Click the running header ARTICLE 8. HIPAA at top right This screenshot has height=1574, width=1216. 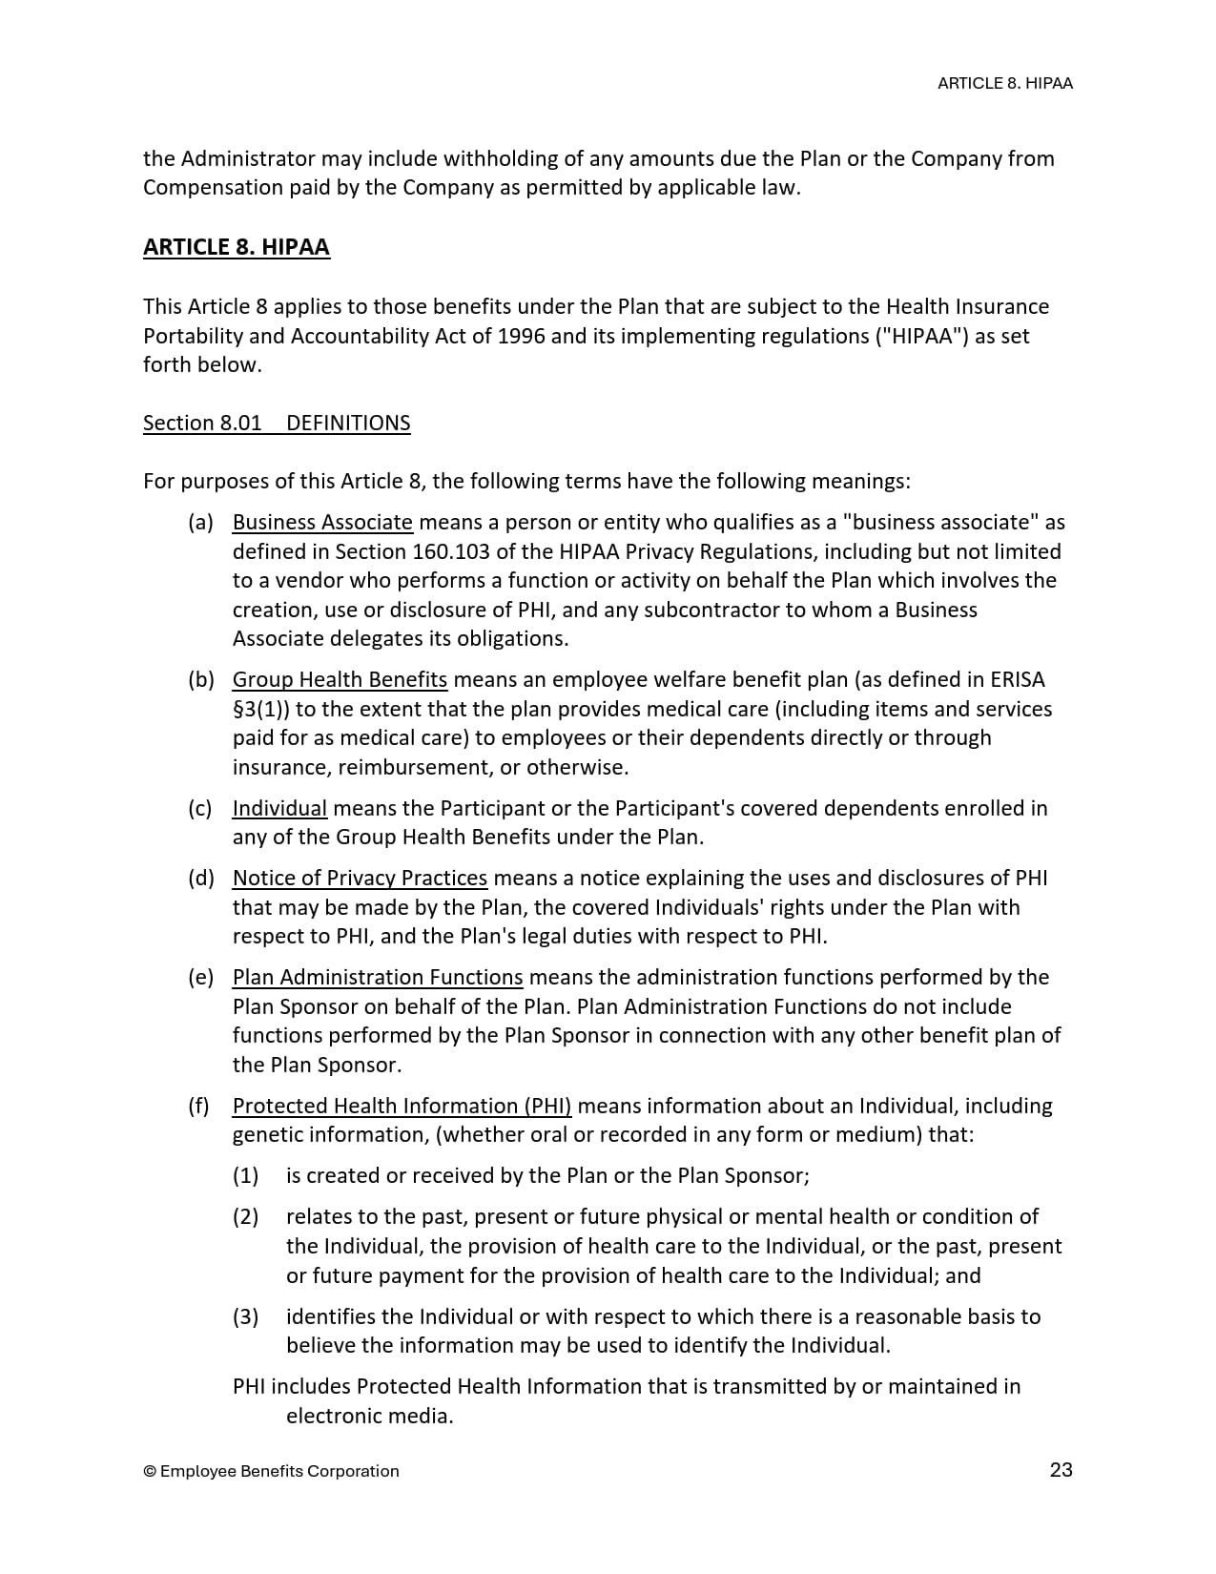(1004, 83)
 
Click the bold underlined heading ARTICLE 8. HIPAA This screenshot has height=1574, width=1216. (237, 247)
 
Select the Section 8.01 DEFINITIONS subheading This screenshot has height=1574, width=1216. (277, 423)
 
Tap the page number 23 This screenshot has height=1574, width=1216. (1061, 1469)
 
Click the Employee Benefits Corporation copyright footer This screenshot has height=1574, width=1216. (271, 1471)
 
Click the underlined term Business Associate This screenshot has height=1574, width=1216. (322, 522)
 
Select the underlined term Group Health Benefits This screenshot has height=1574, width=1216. (340, 679)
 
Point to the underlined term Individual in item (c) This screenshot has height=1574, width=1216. (279, 808)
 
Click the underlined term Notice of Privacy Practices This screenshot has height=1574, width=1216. (360, 878)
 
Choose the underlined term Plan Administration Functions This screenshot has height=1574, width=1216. (378, 977)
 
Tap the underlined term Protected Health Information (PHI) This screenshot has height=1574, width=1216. (402, 1106)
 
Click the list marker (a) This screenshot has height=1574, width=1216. (200, 522)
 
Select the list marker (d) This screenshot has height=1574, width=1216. (200, 878)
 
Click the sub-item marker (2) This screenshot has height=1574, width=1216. (246, 1216)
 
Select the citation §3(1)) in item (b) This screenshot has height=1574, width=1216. (261, 709)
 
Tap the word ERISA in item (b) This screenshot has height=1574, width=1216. (1017, 679)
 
